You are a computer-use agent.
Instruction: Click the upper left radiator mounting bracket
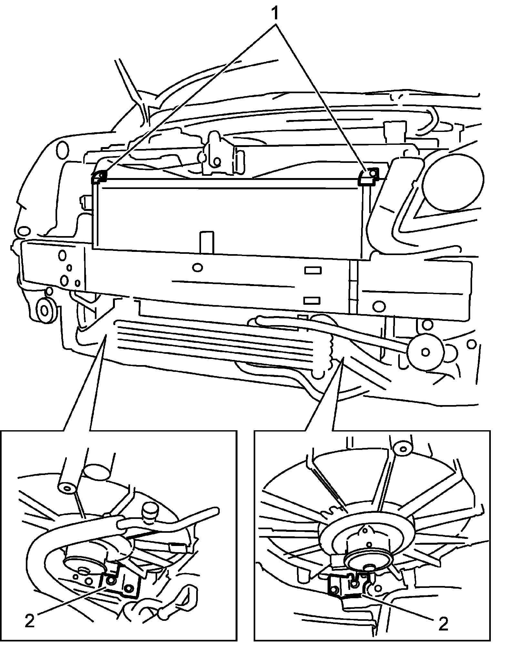(99, 177)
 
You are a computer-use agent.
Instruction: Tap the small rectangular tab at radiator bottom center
(207, 242)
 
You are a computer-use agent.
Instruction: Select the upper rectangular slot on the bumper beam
(312, 270)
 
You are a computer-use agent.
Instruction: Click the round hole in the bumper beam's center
(197, 267)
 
